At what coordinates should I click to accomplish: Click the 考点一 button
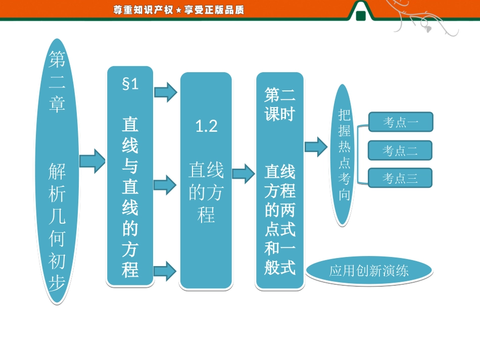(x=401, y=122)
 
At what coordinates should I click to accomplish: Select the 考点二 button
(x=400, y=150)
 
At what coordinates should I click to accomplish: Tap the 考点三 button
(x=400, y=178)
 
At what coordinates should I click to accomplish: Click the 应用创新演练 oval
(x=369, y=271)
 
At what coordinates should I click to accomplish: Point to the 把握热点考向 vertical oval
(x=344, y=154)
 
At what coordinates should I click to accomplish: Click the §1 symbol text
(x=130, y=84)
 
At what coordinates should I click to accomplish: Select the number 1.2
(x=206, y=126)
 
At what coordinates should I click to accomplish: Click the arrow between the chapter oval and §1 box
(x=92, y=162)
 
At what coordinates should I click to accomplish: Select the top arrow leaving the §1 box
(x=165, y=92)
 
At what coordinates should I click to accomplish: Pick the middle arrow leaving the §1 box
(x=165, y=184)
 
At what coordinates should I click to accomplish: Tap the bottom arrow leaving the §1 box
(x=165, y=271)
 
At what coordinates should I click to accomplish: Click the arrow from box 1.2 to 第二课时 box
(x=244, y=173)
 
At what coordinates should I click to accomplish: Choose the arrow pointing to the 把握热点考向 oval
(x=316, y=147)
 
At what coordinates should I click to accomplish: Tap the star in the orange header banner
(x=178, y=10)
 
